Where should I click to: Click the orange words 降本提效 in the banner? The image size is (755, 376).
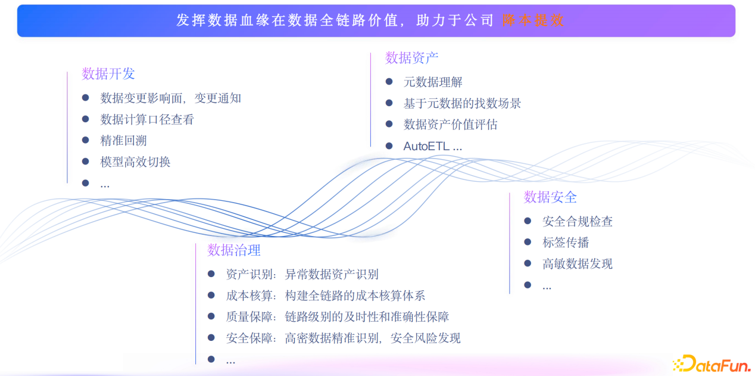pos(533,20)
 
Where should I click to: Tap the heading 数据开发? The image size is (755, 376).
pos(108,74)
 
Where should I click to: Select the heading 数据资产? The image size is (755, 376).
pos(411,58)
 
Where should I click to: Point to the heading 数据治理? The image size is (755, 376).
pos(234,250)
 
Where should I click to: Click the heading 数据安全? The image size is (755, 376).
pos(550,197)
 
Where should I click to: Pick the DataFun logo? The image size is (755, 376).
pos(711,363)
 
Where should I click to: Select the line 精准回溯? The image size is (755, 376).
pos(123,141)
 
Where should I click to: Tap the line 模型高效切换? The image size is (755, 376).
pos(135,162)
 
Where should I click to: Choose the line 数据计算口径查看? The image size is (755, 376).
pos(147,119)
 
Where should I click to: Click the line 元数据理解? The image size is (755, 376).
pos(433,82)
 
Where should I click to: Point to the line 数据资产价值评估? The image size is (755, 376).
pos(450,125)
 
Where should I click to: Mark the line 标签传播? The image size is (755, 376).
pos(566,243)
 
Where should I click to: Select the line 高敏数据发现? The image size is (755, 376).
pos(577,264)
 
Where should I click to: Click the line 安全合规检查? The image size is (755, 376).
pos(577,222)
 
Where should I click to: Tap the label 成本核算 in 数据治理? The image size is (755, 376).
pos(249,296)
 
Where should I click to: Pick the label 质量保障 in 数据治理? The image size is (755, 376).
pos(249,317)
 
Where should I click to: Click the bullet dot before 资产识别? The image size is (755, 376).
pos(211,274)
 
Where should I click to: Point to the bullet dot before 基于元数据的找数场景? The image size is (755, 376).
pos(389,102)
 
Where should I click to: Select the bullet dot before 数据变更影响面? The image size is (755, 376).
pos(86,97)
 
